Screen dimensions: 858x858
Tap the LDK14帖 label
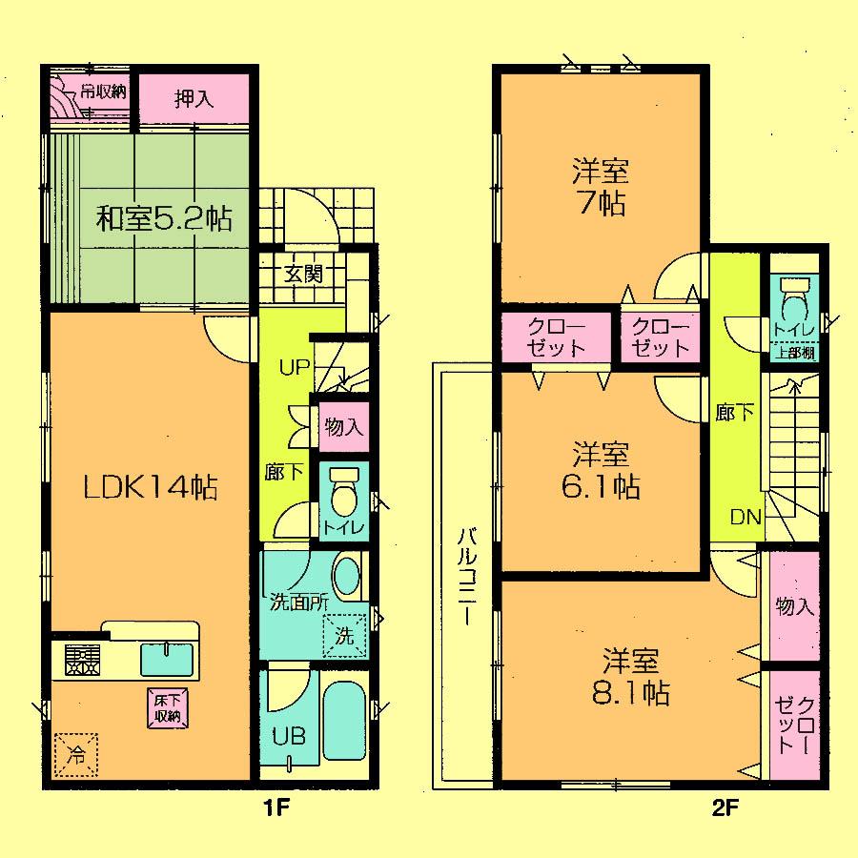151,488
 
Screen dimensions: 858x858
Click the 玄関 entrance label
303,274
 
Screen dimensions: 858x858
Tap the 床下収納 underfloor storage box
165,707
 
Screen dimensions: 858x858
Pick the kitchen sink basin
167,660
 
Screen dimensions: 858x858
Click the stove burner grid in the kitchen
82,659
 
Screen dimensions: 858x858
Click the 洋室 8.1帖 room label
635,676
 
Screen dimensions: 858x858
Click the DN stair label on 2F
745,518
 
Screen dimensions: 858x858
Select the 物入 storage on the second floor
794,607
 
